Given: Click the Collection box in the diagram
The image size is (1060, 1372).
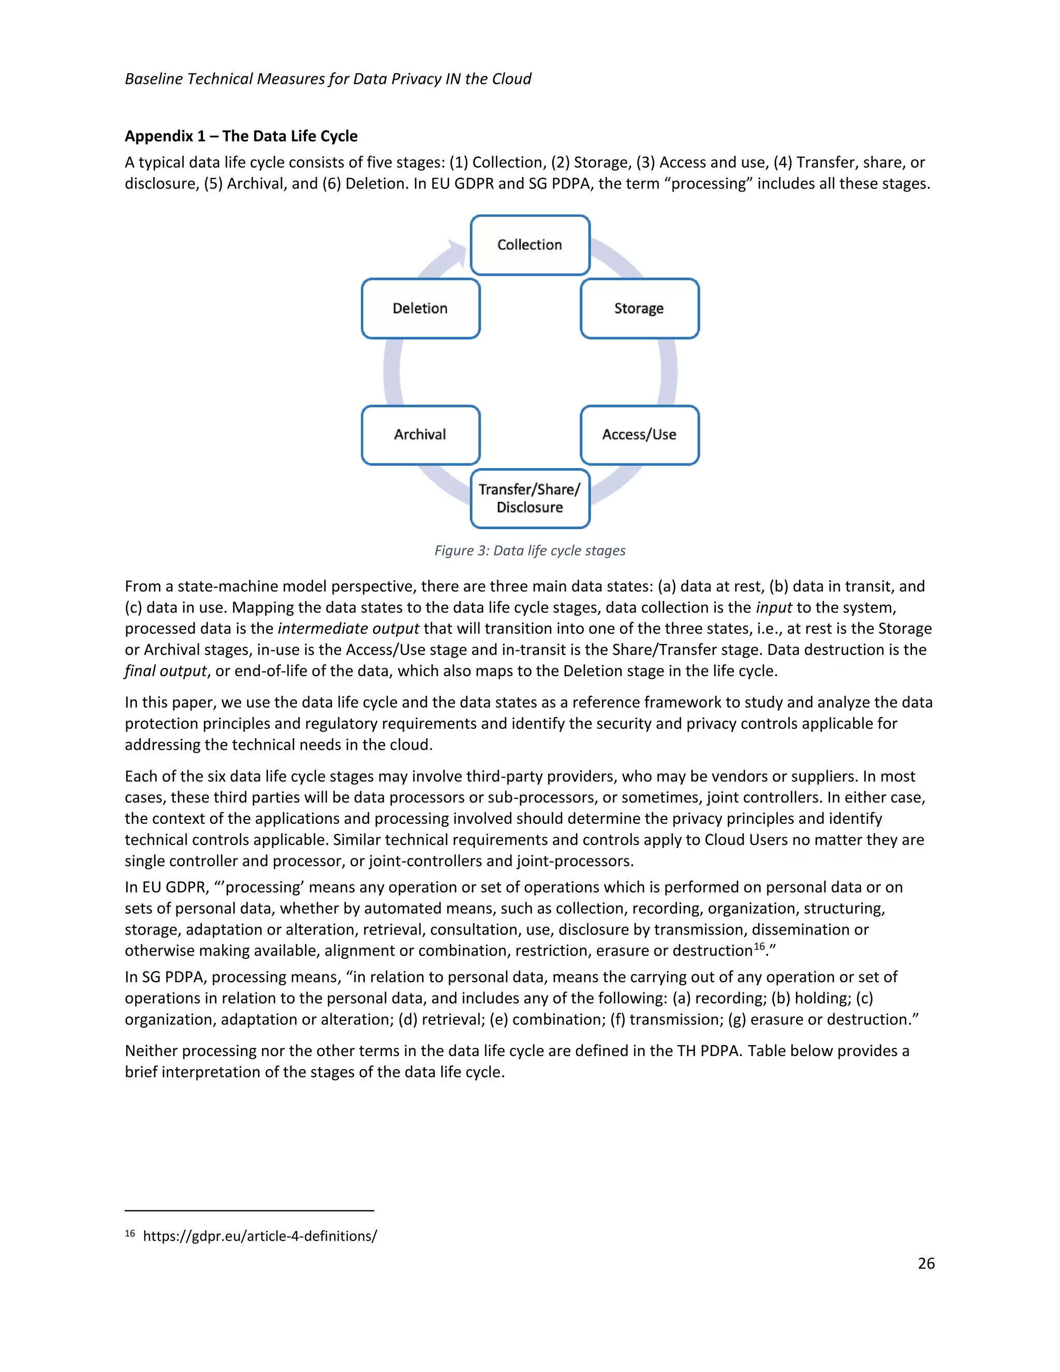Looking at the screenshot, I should [529, 245].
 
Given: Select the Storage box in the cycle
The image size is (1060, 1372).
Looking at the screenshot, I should [639, 309].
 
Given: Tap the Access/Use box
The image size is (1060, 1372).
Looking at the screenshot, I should [639, 435].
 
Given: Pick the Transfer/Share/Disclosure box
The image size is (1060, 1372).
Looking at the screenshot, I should [529, 498].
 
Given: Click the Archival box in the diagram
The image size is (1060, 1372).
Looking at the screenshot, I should [420, 435].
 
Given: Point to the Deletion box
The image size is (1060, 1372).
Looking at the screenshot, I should [420, 309].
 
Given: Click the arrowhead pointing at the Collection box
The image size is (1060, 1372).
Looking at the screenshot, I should [457, 251].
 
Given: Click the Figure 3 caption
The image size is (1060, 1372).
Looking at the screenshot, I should [529, 550].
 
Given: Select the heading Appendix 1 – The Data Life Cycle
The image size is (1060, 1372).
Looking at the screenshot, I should [241, 136].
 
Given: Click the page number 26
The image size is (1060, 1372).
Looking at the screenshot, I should [925, 1263].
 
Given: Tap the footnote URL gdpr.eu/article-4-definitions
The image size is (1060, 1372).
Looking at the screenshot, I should [260, 1236].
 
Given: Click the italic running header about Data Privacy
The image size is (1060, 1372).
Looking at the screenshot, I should [328, 79].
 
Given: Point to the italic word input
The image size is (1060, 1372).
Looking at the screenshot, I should [774, 607].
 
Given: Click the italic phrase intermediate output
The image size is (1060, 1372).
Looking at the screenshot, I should [348, 629].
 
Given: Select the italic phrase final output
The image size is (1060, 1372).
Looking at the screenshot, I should [165, 671].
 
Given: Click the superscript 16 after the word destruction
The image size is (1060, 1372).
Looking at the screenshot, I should [759, 946].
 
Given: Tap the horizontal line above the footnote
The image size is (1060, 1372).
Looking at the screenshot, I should [249, 1210].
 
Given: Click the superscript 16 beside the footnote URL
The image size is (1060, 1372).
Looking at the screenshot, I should [130, 1234].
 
